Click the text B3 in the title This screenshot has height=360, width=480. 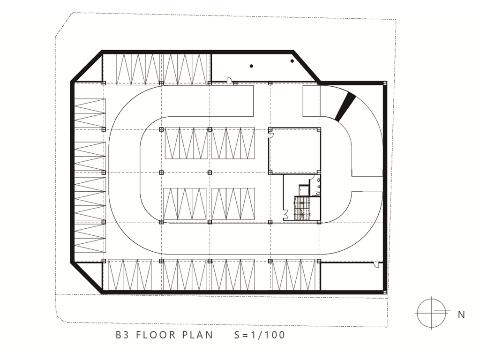tap(122, 335)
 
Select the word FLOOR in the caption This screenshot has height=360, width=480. tap(156, 335)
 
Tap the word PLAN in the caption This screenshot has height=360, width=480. tap(198, 335)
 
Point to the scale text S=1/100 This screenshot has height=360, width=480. tap(260, 335)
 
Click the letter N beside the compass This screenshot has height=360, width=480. tap(461, 315)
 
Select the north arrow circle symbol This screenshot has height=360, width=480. tap(432, 313)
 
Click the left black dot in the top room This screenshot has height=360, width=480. tap(251, 66)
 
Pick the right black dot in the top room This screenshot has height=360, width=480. tap(292, 61)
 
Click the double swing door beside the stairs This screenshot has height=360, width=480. tap(285, 214)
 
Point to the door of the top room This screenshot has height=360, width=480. tap(228, 79)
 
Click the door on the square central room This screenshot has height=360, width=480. tap(270, 135)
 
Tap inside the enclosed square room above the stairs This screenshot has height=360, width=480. tap(294, 151)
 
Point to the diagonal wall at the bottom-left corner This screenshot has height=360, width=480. tap(87, 277)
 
